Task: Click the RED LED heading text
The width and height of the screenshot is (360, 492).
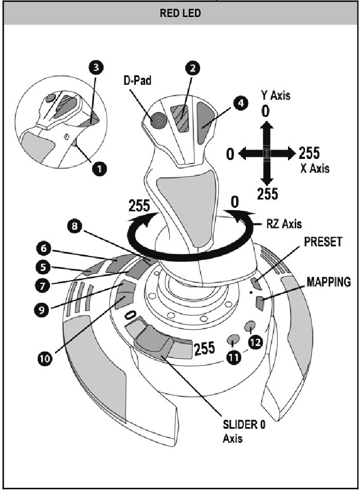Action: pyautogui.click(x=180, y=14)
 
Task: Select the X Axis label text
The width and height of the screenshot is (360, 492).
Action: pyautogui.click(x=315, y=168)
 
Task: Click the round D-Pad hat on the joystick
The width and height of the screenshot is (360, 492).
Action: pyautogui.click(x=158, y=121)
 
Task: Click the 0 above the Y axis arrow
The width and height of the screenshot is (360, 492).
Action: pyautogui.click(x=265, y=111)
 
